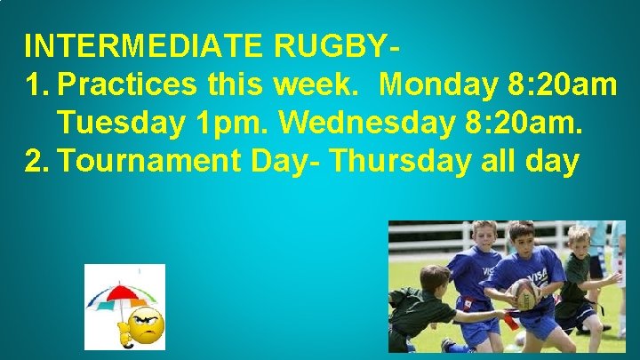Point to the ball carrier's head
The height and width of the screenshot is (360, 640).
point(520,235)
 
